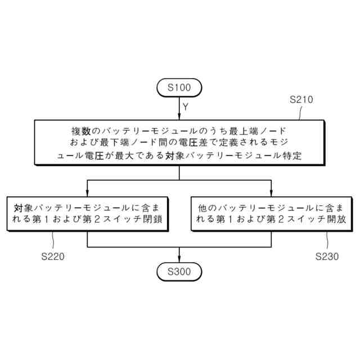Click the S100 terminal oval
[x=179, y=88]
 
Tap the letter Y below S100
[x=186, y=106]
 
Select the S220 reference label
[x=53, y=256]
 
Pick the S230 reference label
[x=327, y=256]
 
